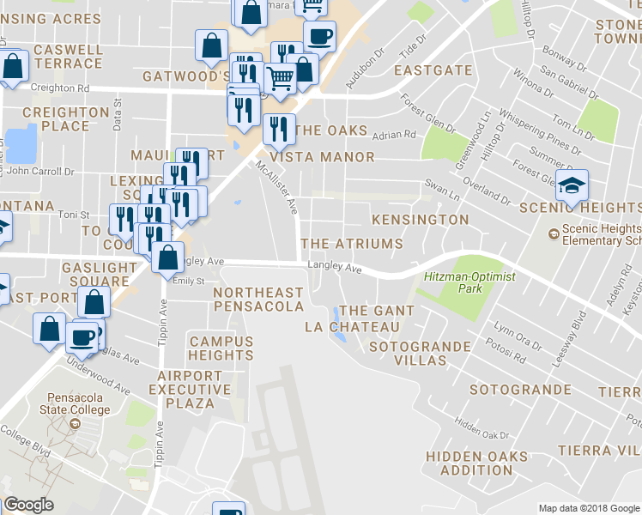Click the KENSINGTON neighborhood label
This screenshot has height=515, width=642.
coord(420,220)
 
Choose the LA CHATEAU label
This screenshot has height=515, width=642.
coord(353,327)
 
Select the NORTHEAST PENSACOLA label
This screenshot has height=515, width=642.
coord(258,300)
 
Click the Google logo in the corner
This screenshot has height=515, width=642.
coord(28,505)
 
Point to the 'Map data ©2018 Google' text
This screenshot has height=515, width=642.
coord(588,508)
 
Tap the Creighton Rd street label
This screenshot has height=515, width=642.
coord(59,88)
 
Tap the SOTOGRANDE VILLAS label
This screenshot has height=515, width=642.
coord(420,354)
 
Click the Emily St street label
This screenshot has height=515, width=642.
coord(189,281)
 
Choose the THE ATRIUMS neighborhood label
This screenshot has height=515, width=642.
coord(352,244)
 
